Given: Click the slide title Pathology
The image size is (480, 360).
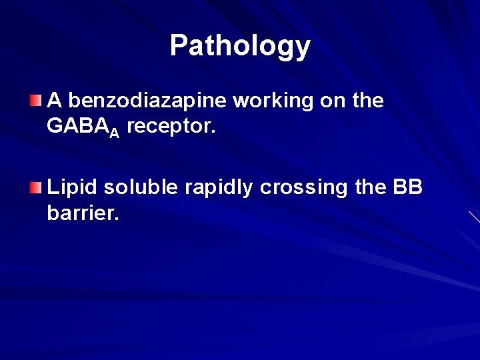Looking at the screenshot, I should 240,46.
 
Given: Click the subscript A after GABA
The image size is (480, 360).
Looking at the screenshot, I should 114,133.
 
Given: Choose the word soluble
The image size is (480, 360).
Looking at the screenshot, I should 139,189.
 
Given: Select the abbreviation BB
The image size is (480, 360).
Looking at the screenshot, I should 408,189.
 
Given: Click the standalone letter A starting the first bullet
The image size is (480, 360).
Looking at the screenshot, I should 55,101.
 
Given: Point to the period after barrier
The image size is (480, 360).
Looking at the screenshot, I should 117,221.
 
